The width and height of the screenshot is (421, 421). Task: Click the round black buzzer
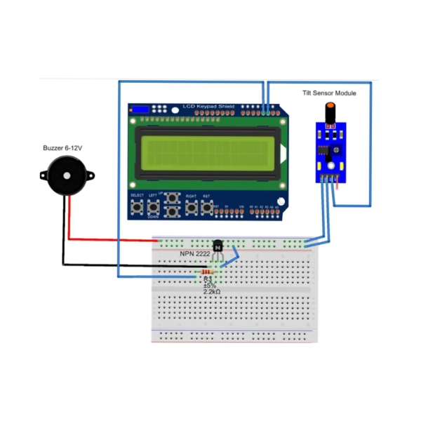click(65, 175)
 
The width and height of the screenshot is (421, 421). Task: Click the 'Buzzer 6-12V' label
click(64, 148)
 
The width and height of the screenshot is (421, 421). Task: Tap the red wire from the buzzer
click(112, 240)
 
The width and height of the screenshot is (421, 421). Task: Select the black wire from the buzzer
click(112, 265)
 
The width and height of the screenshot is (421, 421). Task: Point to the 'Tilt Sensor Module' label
click(329, 93)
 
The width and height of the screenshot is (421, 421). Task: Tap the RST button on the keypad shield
click(207, 208)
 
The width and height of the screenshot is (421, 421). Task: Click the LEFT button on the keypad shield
click(152, 208)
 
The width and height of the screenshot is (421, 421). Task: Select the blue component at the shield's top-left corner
click(140, 109)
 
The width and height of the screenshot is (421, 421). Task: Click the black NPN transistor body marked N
click(218, 247)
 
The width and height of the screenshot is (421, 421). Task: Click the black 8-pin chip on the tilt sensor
click(322, 149)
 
